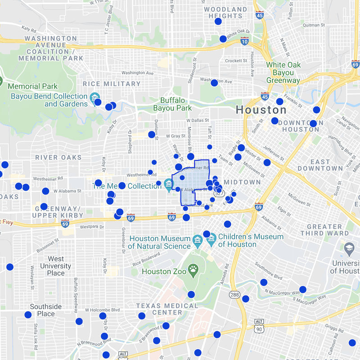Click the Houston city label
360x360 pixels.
261,110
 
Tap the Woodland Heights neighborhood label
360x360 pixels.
225,13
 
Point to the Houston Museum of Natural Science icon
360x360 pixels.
197,239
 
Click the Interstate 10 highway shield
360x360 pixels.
244,42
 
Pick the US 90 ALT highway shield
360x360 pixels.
259,323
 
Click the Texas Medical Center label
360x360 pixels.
167,309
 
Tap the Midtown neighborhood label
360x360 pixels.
242,182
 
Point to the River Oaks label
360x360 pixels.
58,157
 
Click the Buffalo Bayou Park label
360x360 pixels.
172,104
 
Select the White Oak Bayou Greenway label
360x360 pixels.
283,72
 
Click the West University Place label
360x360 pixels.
56,266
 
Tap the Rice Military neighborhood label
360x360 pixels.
112,84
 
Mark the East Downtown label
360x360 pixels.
320,165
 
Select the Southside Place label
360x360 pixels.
42,310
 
